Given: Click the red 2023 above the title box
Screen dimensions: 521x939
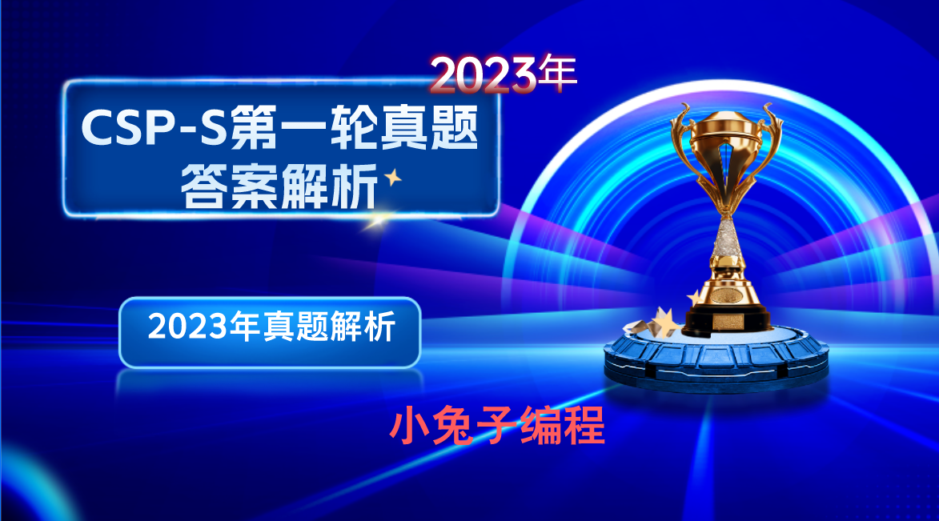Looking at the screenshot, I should point(483,75).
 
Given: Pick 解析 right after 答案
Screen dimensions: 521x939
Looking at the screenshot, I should point(328,188).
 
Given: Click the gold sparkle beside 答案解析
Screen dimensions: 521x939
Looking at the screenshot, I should point(393,178).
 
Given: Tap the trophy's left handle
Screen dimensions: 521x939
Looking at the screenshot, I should point(680,136).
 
